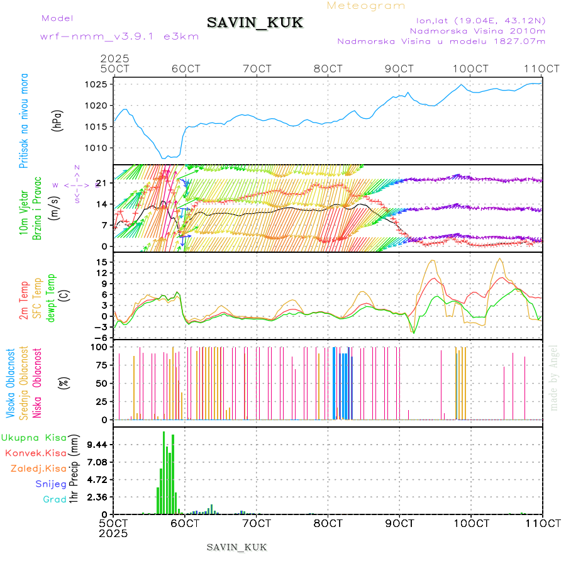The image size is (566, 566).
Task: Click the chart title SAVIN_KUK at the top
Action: [x=255, y=23]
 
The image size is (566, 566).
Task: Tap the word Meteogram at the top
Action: [x=366, y=6]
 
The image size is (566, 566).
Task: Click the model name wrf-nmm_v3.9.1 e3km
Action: [x=119, y=36]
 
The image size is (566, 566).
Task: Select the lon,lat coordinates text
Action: [x=476, y=20]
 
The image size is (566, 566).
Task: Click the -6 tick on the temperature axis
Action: [x=104, y=338]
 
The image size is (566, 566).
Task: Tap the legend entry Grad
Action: [x=55, y=499]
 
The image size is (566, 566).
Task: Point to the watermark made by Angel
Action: [x=554, y=377]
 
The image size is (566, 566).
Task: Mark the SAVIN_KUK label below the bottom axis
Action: [x=237, y=547]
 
